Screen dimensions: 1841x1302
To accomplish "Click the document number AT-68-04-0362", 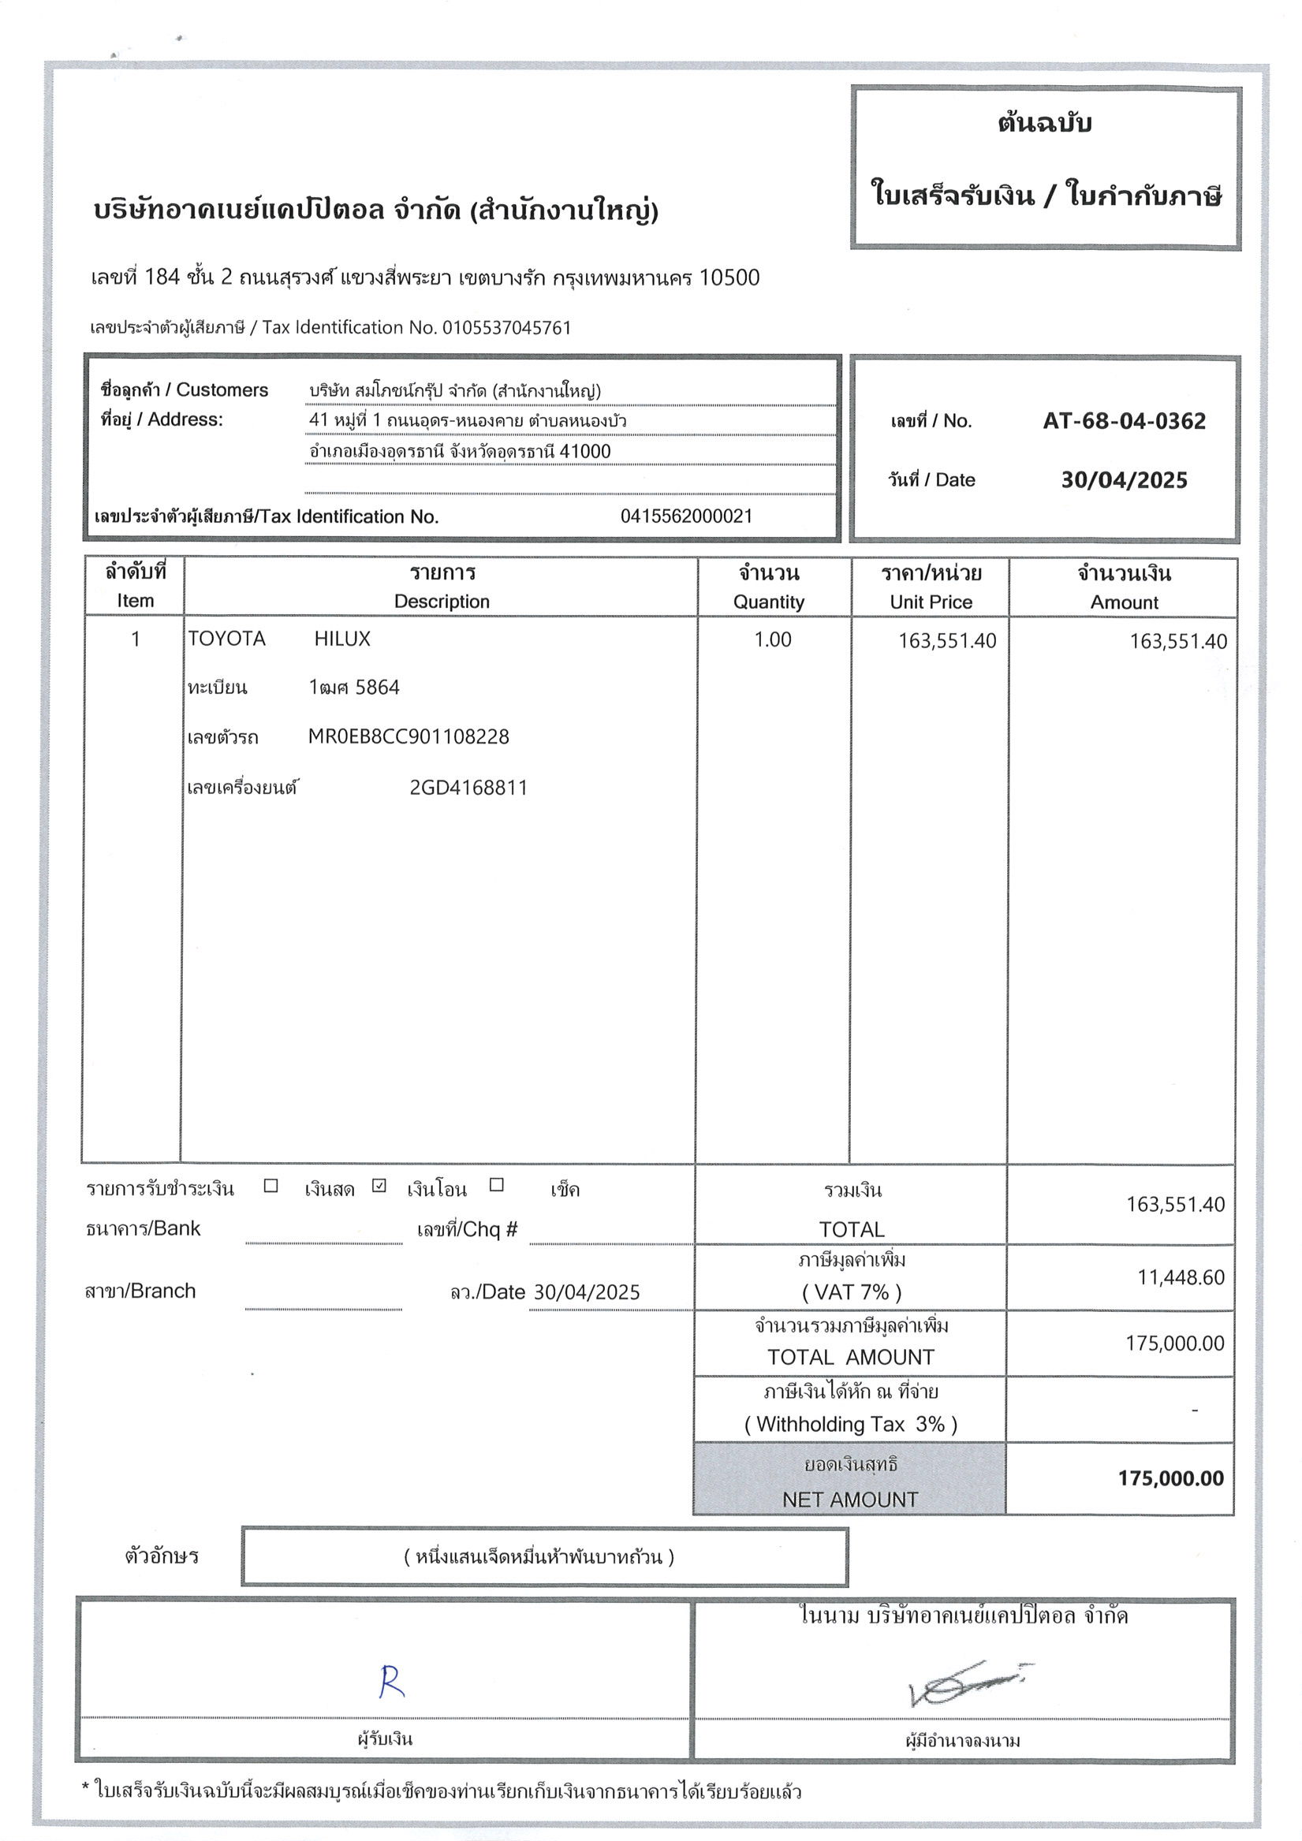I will point(1123,421).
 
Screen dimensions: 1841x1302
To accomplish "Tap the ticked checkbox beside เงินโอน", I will point(379,1185).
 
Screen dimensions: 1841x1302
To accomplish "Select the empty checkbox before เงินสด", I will point(271,1185).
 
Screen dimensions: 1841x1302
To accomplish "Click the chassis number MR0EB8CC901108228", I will point(409,737).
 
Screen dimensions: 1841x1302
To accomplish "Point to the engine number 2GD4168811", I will point(468,788).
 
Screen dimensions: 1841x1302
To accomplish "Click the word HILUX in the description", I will point(341,639).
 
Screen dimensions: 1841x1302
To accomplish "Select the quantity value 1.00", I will point(772,640).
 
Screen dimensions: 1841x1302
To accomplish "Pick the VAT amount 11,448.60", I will point(1180,1277).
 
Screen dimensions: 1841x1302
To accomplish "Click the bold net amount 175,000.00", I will point(1170,1478).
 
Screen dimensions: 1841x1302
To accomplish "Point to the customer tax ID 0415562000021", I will point(686,516).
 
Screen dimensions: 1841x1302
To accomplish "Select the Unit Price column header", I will point(931,602).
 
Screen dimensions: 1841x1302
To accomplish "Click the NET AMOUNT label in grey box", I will point(849,1499).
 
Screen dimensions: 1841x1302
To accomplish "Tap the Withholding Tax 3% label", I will point(850,1424).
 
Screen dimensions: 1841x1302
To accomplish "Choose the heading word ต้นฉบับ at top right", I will point(1044,124).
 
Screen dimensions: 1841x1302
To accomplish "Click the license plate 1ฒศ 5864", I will point(354,688).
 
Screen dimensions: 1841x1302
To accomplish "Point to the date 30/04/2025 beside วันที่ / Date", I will point(1123,480).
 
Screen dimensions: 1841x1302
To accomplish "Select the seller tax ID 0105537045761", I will point(506,327).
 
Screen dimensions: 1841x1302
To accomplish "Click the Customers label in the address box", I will point(222,390).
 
